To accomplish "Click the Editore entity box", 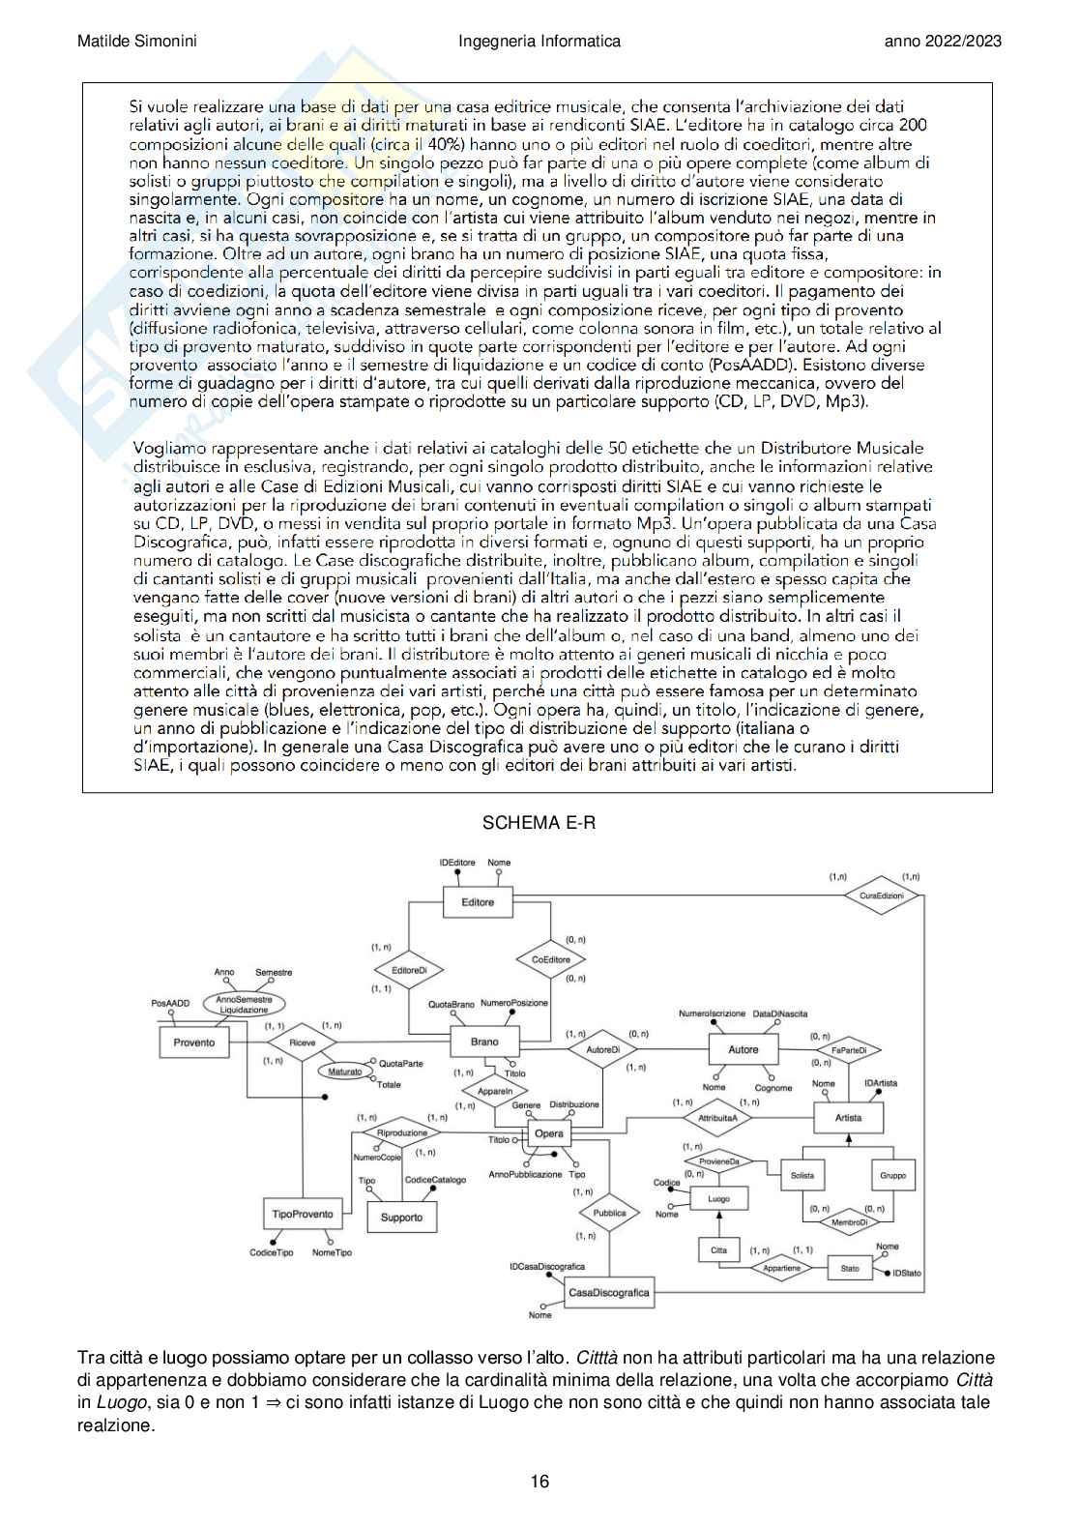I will pyautogui.click(x=478, y=902).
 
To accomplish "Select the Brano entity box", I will pyautogui.click(x=484, y=1042).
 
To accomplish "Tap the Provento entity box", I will pyautogui.click(x=193, y=1042).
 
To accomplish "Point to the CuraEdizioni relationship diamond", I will pyautogui.click(x=881, y=896).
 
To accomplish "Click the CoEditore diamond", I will pyautogui.click(x=551, y=959).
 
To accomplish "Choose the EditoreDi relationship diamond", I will pyautogui.click(x=409, y=970).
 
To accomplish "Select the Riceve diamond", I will pyautogui.click(x=302, y=1043).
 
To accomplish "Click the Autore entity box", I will pyautogui.click(x=743, y=1049).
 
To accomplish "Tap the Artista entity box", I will pyautogui.click(x=848, y=1118).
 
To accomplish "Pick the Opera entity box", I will pyautogui.click(x=548, y=1133).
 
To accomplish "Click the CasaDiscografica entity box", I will pyautogui.click(x=609, y=1292).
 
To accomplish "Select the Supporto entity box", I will pyautogui.click(x=401, y=1218).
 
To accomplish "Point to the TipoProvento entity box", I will pyautogui.click(x=302, y=1214).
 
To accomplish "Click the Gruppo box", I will pyautogui.click(x=892, y=1176).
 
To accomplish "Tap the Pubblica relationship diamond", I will pyautogui.click(x=609, y=1213).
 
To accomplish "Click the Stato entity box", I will pyautogui.click(x=849, y=1268).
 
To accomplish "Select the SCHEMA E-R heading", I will pyautogui.click(x=539, y=823).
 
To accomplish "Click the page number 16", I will pyautogui.click(x=539, y=1482).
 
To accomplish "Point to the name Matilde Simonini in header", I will pyautogui.click(x=137, y=41).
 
